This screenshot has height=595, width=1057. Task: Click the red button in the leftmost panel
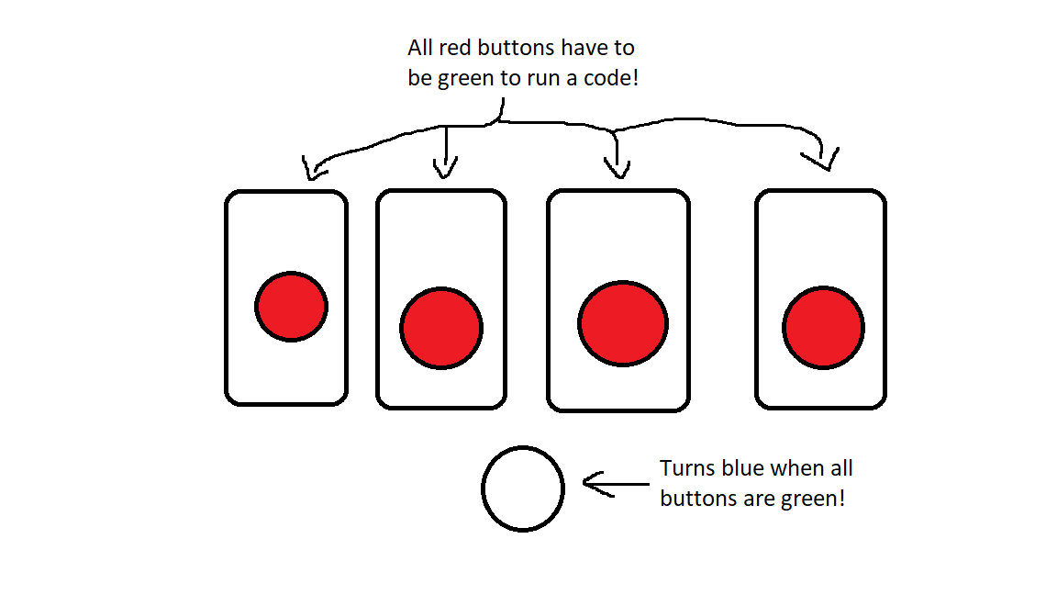[291, 307]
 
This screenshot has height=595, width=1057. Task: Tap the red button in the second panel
[440, 329]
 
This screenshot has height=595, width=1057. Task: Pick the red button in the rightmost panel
[823, 328]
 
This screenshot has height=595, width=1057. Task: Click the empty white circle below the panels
[523, 488]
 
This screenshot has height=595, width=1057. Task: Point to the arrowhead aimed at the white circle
[593, 484]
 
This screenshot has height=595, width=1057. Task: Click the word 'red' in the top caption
[454, 47]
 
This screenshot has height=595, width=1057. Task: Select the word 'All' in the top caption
[420, 47]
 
